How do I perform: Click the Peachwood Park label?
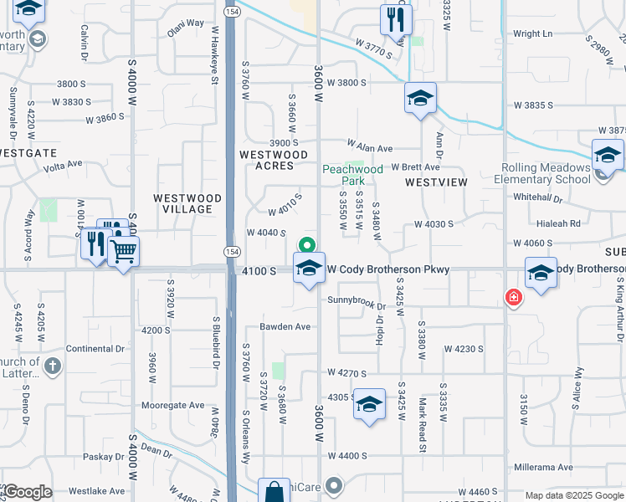(x=352, y=175)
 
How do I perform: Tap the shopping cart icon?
(x=124, y=249)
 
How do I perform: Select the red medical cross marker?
(x=513, y=297)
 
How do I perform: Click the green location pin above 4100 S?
(x=307, y=246)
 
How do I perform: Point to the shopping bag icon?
(x=274, y=493)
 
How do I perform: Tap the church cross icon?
(x=52, y=366)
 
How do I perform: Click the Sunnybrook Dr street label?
(x=354, y=300)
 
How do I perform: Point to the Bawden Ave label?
(x=285, y=326)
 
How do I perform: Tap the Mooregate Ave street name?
(x=172, y=405)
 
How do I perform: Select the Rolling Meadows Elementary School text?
(x=541, y=173)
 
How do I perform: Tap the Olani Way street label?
(x=185, y=47)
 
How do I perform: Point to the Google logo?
(x=28, y=492)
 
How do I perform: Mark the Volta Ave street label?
(x=64, y=164)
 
